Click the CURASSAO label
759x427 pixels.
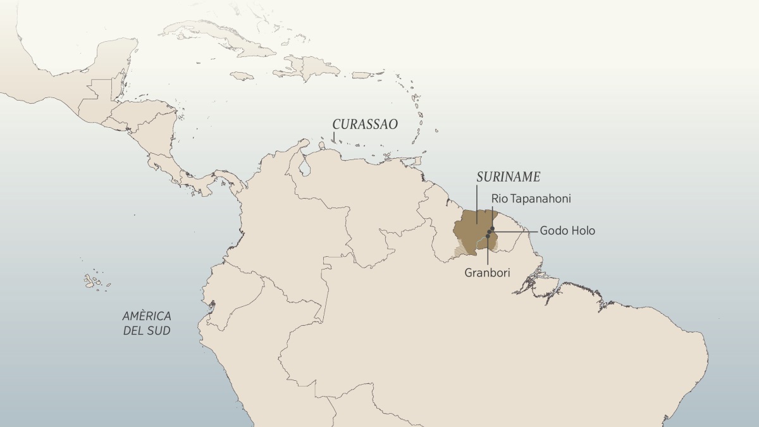pyautogui.click(x=366, y=124)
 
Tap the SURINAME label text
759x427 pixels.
pyautogui.click(x=508, y=177)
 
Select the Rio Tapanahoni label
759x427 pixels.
pyautogui.click(x=531, y=199)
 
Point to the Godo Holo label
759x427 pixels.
pyautogui.click(x=567, y=231)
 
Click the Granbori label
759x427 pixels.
pyautogui.click(x=487, y=273)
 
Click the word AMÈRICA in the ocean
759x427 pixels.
pyautogui.click(x=147, y=316)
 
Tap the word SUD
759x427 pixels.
pyautogui.click(x=159, y=330)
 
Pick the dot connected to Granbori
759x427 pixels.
pyautogui.click(x=488, y=236)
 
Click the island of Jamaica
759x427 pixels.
pyautogui.click(x=242, y=75)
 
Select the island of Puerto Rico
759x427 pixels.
pyautogui.click(x=361, y=75)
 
